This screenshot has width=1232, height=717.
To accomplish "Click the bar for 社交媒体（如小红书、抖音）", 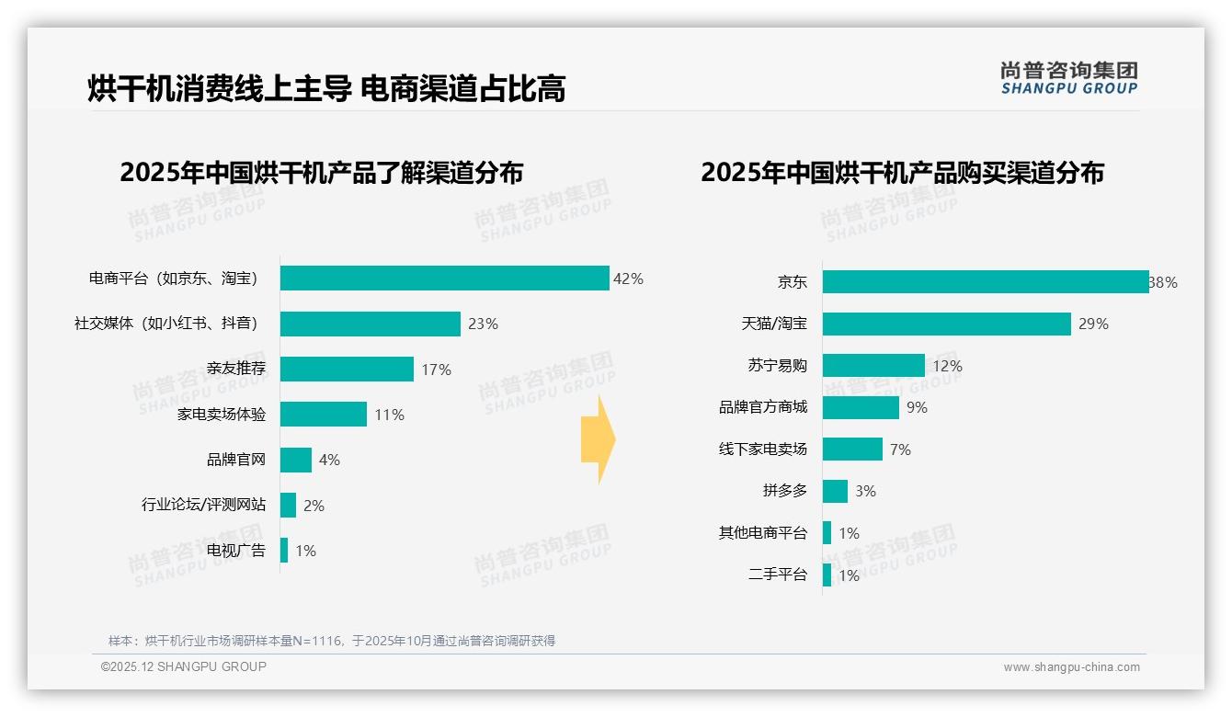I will point(370,324).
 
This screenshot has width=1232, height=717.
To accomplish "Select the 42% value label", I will point(628,279).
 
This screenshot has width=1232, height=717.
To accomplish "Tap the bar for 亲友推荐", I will point(347,370).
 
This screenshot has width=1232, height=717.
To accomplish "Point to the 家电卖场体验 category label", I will point(222,415).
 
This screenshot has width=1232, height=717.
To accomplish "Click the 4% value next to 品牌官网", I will point(329,460).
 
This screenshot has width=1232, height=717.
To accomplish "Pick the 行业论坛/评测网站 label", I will point(203,505).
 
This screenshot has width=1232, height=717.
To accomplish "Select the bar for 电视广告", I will point(284,551).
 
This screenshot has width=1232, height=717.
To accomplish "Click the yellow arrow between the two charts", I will point(599,440).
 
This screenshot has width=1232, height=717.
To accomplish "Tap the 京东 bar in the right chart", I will point(985,282).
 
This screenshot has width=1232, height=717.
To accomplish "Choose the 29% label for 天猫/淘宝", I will point(1093,324).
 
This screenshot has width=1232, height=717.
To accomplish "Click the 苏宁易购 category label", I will point(777,366).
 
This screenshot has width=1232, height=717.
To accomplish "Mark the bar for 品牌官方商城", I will point(861,407).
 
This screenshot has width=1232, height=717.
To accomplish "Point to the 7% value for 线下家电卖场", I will point(900,450).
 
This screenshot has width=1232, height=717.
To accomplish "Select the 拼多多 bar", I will point(835,491).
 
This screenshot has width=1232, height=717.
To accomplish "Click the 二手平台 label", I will point(777,575).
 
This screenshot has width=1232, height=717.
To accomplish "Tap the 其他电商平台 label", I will point(762,533).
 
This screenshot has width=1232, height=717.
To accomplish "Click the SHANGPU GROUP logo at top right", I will point(1068,78).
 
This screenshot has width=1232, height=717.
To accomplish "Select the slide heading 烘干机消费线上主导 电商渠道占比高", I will point(326,88).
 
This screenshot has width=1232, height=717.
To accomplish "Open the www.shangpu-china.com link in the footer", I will point(1071,667).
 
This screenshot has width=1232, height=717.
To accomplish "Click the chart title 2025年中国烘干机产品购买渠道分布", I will point(902,173).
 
